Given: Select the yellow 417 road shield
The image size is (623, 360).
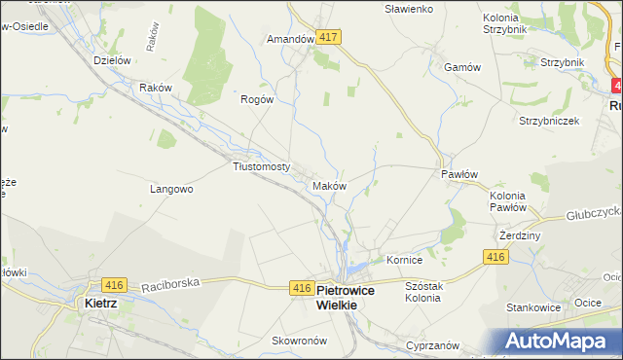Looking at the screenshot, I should click(327, 37).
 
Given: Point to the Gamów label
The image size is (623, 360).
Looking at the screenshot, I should click(462, 67).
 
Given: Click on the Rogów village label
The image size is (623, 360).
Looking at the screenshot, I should click(257, 99).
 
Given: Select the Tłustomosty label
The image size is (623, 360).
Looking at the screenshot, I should click(262, 166).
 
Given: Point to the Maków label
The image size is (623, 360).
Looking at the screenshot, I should click(329, 185).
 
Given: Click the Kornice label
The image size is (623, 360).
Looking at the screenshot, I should click(404, 261).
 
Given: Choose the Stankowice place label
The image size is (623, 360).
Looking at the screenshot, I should click(533, 307).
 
